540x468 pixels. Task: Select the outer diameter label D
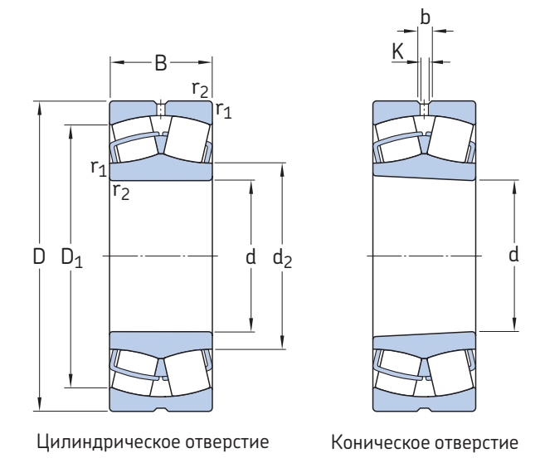coord(38,257)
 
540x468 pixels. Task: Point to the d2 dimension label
coord(283,258)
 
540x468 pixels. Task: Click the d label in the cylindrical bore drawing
coord(250,257)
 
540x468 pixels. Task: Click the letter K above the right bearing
coord(397,51)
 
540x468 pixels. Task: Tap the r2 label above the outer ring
coord(199,90)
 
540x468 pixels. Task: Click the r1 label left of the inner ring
coord(98,167)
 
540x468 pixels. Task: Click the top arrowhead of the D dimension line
coord(39,105)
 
